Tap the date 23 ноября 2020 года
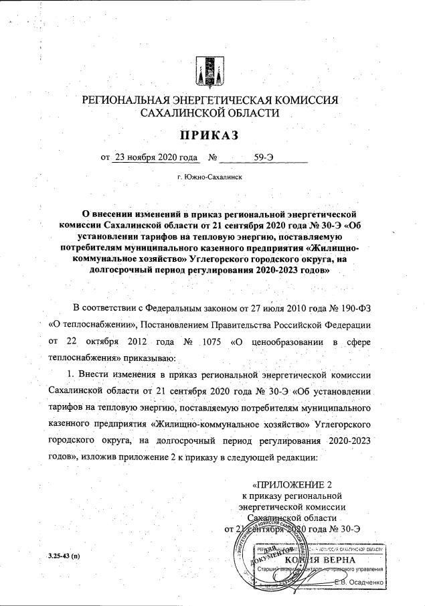(x=155, y=158)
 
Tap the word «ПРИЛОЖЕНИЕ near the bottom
(x=291, y=484)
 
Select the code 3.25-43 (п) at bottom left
(x=64, y=557)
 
